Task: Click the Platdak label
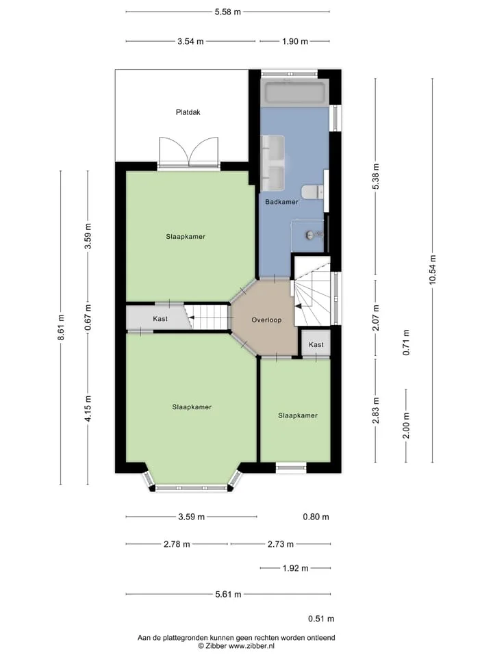[x=188, y=112]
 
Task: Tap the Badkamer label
[x=281, y=202]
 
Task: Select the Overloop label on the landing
[x=266, y=320]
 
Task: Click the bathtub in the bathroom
[x=294, y=93]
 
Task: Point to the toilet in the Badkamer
[x=312, y=192]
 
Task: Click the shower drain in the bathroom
[x=309, y=235]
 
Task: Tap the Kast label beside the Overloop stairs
[x=316, y=345]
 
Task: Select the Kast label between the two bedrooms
[x=160, y=319]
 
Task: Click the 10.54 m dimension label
[x=433, y=270]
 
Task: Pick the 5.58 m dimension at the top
[x=227, y=12]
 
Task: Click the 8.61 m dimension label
[x=61, y=327]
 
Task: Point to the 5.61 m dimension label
[x=228, y=594]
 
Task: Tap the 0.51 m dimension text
[x=321, y=619]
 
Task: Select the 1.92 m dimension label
[x=295, y=569]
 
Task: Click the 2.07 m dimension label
[x=376, y=318]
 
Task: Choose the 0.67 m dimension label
[x=88, y=318]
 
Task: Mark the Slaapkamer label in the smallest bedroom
[x=298, y=415]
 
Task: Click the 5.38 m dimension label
[x=376, y=177]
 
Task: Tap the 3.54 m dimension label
[x=190, y=42]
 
